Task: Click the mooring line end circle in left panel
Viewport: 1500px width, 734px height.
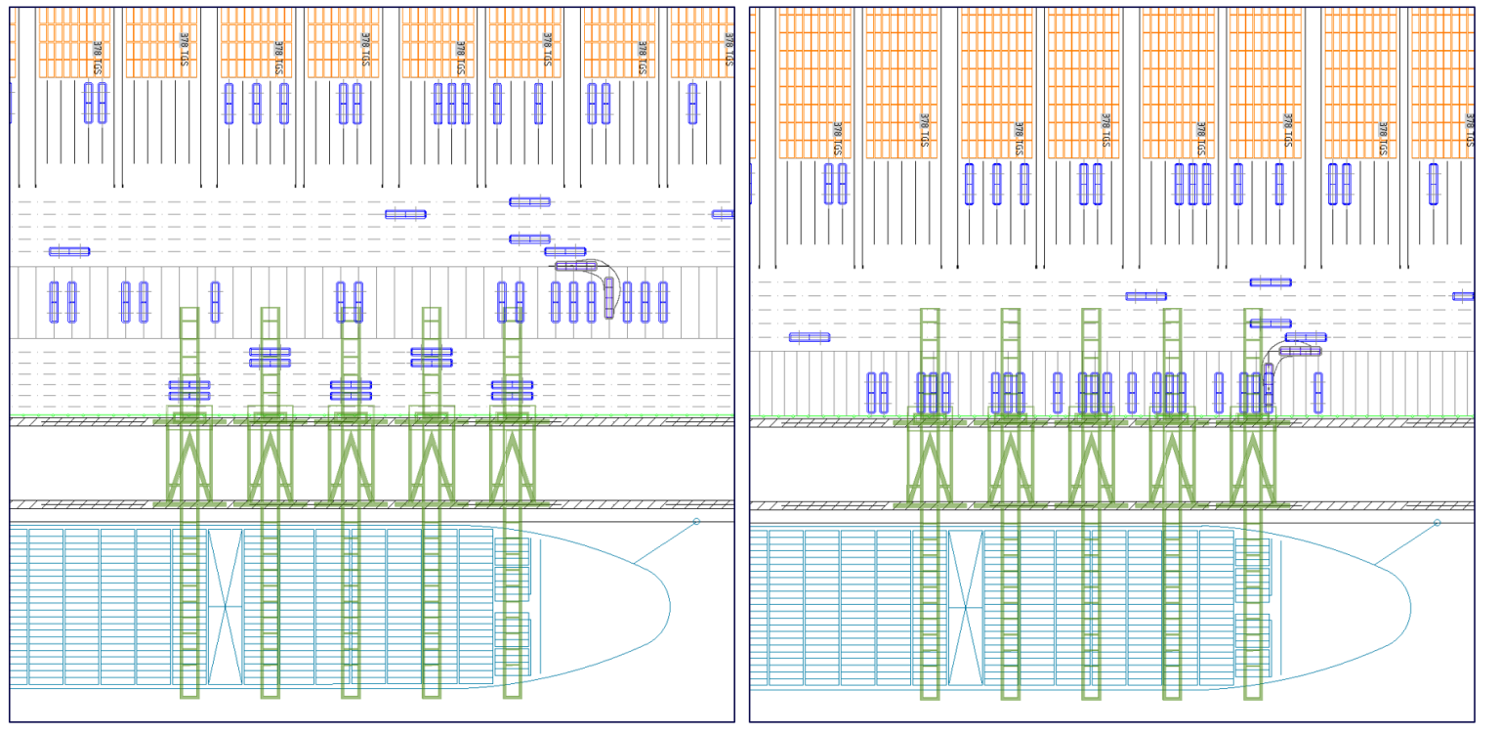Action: tap(696, 522)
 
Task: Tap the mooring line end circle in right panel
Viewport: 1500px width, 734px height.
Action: tap(1437, 523)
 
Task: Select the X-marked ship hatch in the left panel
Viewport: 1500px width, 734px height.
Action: tap(225, 607)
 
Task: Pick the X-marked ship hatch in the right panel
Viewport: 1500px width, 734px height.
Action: tap(966, 607)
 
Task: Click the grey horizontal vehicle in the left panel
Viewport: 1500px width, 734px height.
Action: tap(576, 265)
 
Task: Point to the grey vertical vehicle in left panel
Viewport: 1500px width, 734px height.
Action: tap(609, 297)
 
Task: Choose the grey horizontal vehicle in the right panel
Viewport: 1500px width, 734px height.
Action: tap(1301, 351)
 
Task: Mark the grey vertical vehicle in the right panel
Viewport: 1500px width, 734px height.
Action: tap(1269, 387)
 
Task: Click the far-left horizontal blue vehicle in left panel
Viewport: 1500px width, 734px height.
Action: tap(69, 251)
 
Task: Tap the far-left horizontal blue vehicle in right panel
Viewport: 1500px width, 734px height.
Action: tap(810, 337)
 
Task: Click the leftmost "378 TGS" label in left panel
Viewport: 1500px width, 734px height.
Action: tap(97, 58)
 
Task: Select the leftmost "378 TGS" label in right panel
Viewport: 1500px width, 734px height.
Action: tap(837, 139)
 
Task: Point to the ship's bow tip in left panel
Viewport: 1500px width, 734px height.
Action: tap(670, 606)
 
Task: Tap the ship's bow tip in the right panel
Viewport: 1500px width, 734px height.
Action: tap(1411, 607)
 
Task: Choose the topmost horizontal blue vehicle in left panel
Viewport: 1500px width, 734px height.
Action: tap(529, 202)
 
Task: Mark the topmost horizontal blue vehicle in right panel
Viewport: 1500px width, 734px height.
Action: tap(1271, 282)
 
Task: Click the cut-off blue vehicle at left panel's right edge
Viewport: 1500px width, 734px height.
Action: tap(724, 214)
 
